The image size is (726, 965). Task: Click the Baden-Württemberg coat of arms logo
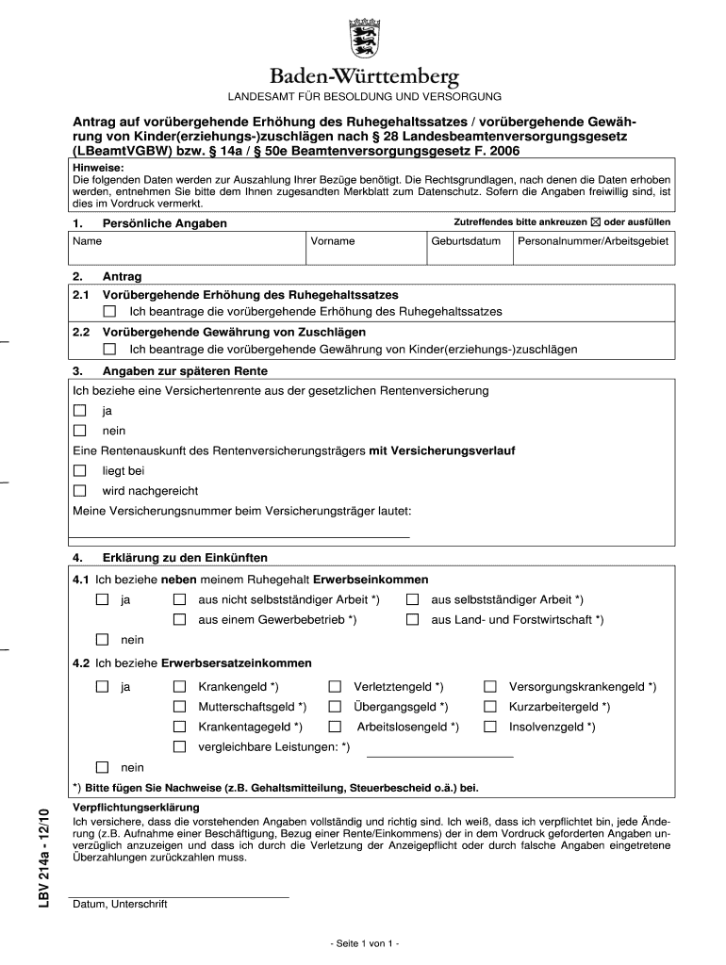[x=363, y=38]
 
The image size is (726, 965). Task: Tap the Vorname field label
[x=333, y=241]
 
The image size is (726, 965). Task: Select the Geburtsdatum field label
[x=465, y=241]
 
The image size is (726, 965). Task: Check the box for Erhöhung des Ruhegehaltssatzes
[x=109, y=311]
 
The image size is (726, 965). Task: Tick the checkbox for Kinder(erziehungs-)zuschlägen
[x=109, y=349]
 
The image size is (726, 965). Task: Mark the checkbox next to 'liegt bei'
[x=80, y=470]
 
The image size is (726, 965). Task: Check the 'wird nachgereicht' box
[x=80, y=490]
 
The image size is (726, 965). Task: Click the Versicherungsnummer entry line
[x=240, y=534]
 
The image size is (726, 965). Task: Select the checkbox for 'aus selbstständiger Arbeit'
[x=413, y=599]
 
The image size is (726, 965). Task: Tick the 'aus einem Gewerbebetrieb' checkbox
[x=179, y=619]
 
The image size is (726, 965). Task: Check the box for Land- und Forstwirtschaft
[x=413, y=619]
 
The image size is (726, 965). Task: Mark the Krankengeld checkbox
[x=179, y=687]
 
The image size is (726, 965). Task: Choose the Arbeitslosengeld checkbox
[x=335, y=727]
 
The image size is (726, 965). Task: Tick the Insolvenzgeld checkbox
[x=490, y=727]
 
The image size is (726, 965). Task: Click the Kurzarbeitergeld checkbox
[x=490, y=707]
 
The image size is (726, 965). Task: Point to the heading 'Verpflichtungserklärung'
[x=123, y=809]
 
